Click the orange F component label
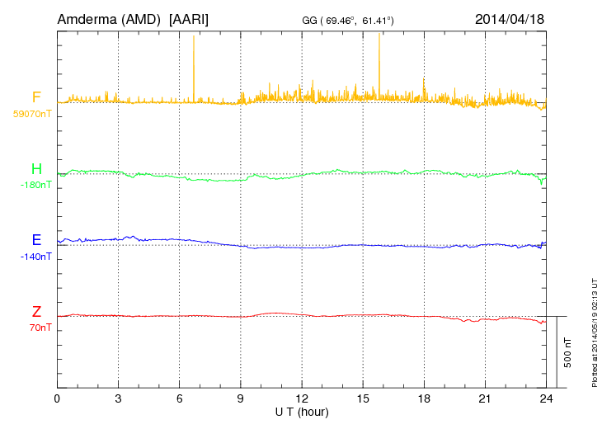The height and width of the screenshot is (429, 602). point(36,98)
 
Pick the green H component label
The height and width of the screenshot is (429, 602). point(36,169)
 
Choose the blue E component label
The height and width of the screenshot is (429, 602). point(36,240)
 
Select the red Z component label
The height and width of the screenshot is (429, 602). point(36,311)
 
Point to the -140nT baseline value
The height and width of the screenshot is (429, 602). point(35,257)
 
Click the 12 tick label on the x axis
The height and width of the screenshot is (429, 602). point(302,399)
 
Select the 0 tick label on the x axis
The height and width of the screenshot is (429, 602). point(58,399)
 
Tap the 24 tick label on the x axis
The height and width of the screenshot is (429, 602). point(546,399)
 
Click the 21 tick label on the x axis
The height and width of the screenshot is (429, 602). point(485,399)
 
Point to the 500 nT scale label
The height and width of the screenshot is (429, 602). point(567,351)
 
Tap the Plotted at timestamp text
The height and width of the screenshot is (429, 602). point(595,330)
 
